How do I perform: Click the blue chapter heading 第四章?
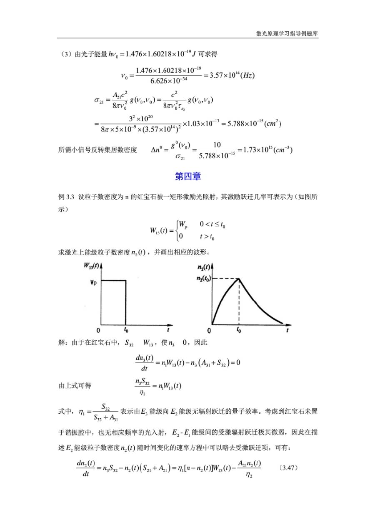coord(188,177)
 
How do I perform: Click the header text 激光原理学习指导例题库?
coord(287,33)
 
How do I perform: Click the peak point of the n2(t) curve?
coord(239,278)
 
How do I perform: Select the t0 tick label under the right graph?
coord(239,329)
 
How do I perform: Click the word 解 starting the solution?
coord(64,343)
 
